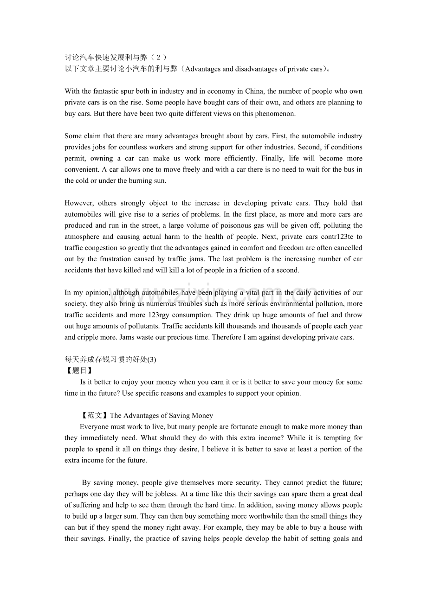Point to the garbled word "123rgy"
(x=159, y=315)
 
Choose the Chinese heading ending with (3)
(x=110, y=360)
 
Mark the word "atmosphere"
(x=85, y=237)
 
